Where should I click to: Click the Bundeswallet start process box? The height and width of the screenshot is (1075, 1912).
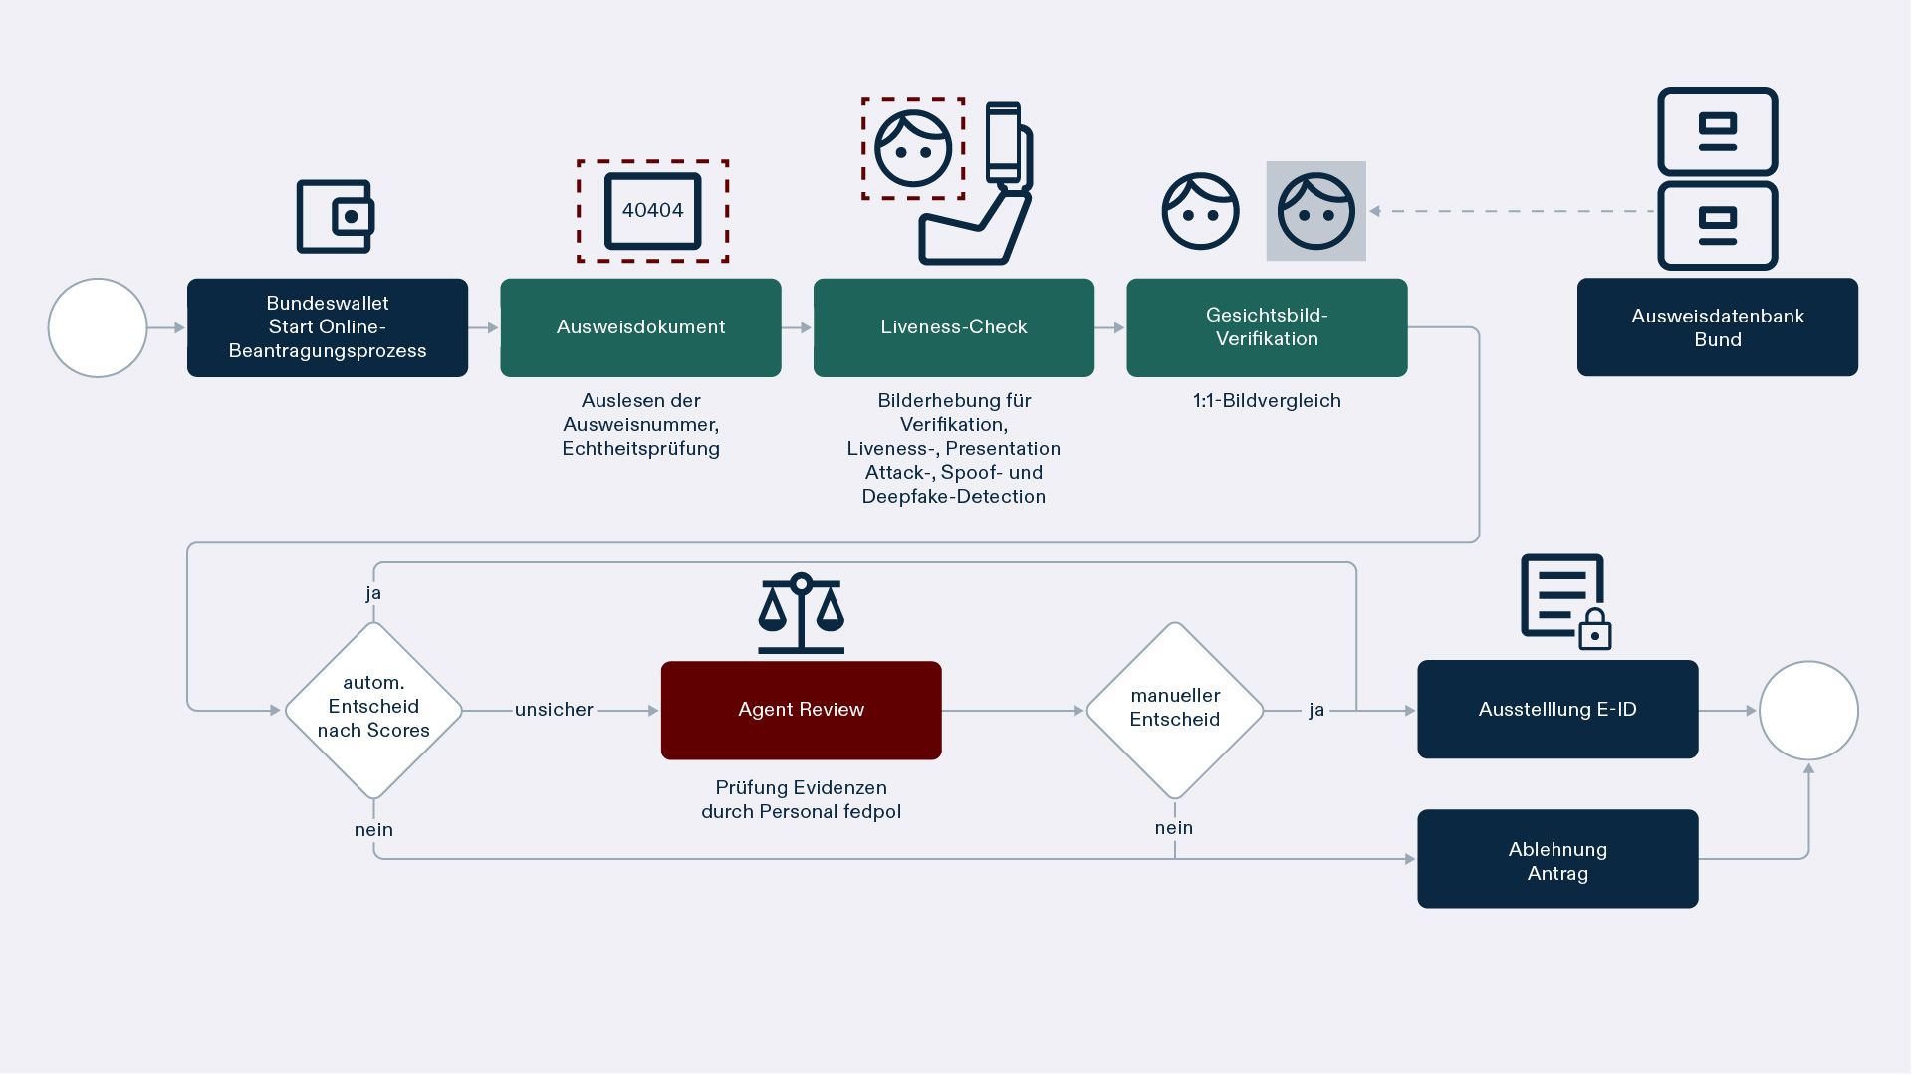coord(327,327)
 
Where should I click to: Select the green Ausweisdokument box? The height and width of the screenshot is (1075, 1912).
coord(640,327)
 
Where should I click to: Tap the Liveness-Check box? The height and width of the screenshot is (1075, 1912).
coord(953,327)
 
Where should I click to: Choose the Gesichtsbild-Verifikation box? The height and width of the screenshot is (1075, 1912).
coord(1267,327)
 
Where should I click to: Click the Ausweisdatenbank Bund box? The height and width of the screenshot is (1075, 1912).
coord(1717,327)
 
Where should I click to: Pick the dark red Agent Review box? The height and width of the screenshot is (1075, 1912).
coord(801,710)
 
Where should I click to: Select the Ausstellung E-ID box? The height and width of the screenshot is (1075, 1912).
coord(1557,710)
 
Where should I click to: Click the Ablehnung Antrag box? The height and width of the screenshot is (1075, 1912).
coord(1557,859)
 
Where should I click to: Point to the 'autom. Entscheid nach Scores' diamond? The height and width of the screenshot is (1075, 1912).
coord(373,710)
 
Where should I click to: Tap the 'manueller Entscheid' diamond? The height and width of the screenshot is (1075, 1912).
coord(1175,710)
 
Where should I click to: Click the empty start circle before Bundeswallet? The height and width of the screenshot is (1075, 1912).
coord(98,327)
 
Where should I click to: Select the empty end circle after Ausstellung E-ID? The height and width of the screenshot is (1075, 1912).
coord(1808,711)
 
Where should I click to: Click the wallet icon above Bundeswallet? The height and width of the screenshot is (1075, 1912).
coord(336,216)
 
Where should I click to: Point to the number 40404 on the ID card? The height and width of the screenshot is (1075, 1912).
coord(652,210)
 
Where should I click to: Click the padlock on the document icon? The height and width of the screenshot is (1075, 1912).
coord(1595,630)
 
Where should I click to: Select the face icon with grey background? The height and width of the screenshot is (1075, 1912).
coord(1315,211)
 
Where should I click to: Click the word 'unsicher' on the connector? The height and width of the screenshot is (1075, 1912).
coord(554,710)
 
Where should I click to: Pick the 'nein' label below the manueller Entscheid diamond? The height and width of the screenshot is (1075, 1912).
coord(1174,828)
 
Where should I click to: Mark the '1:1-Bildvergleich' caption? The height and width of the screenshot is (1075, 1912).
coord(1267,401)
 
